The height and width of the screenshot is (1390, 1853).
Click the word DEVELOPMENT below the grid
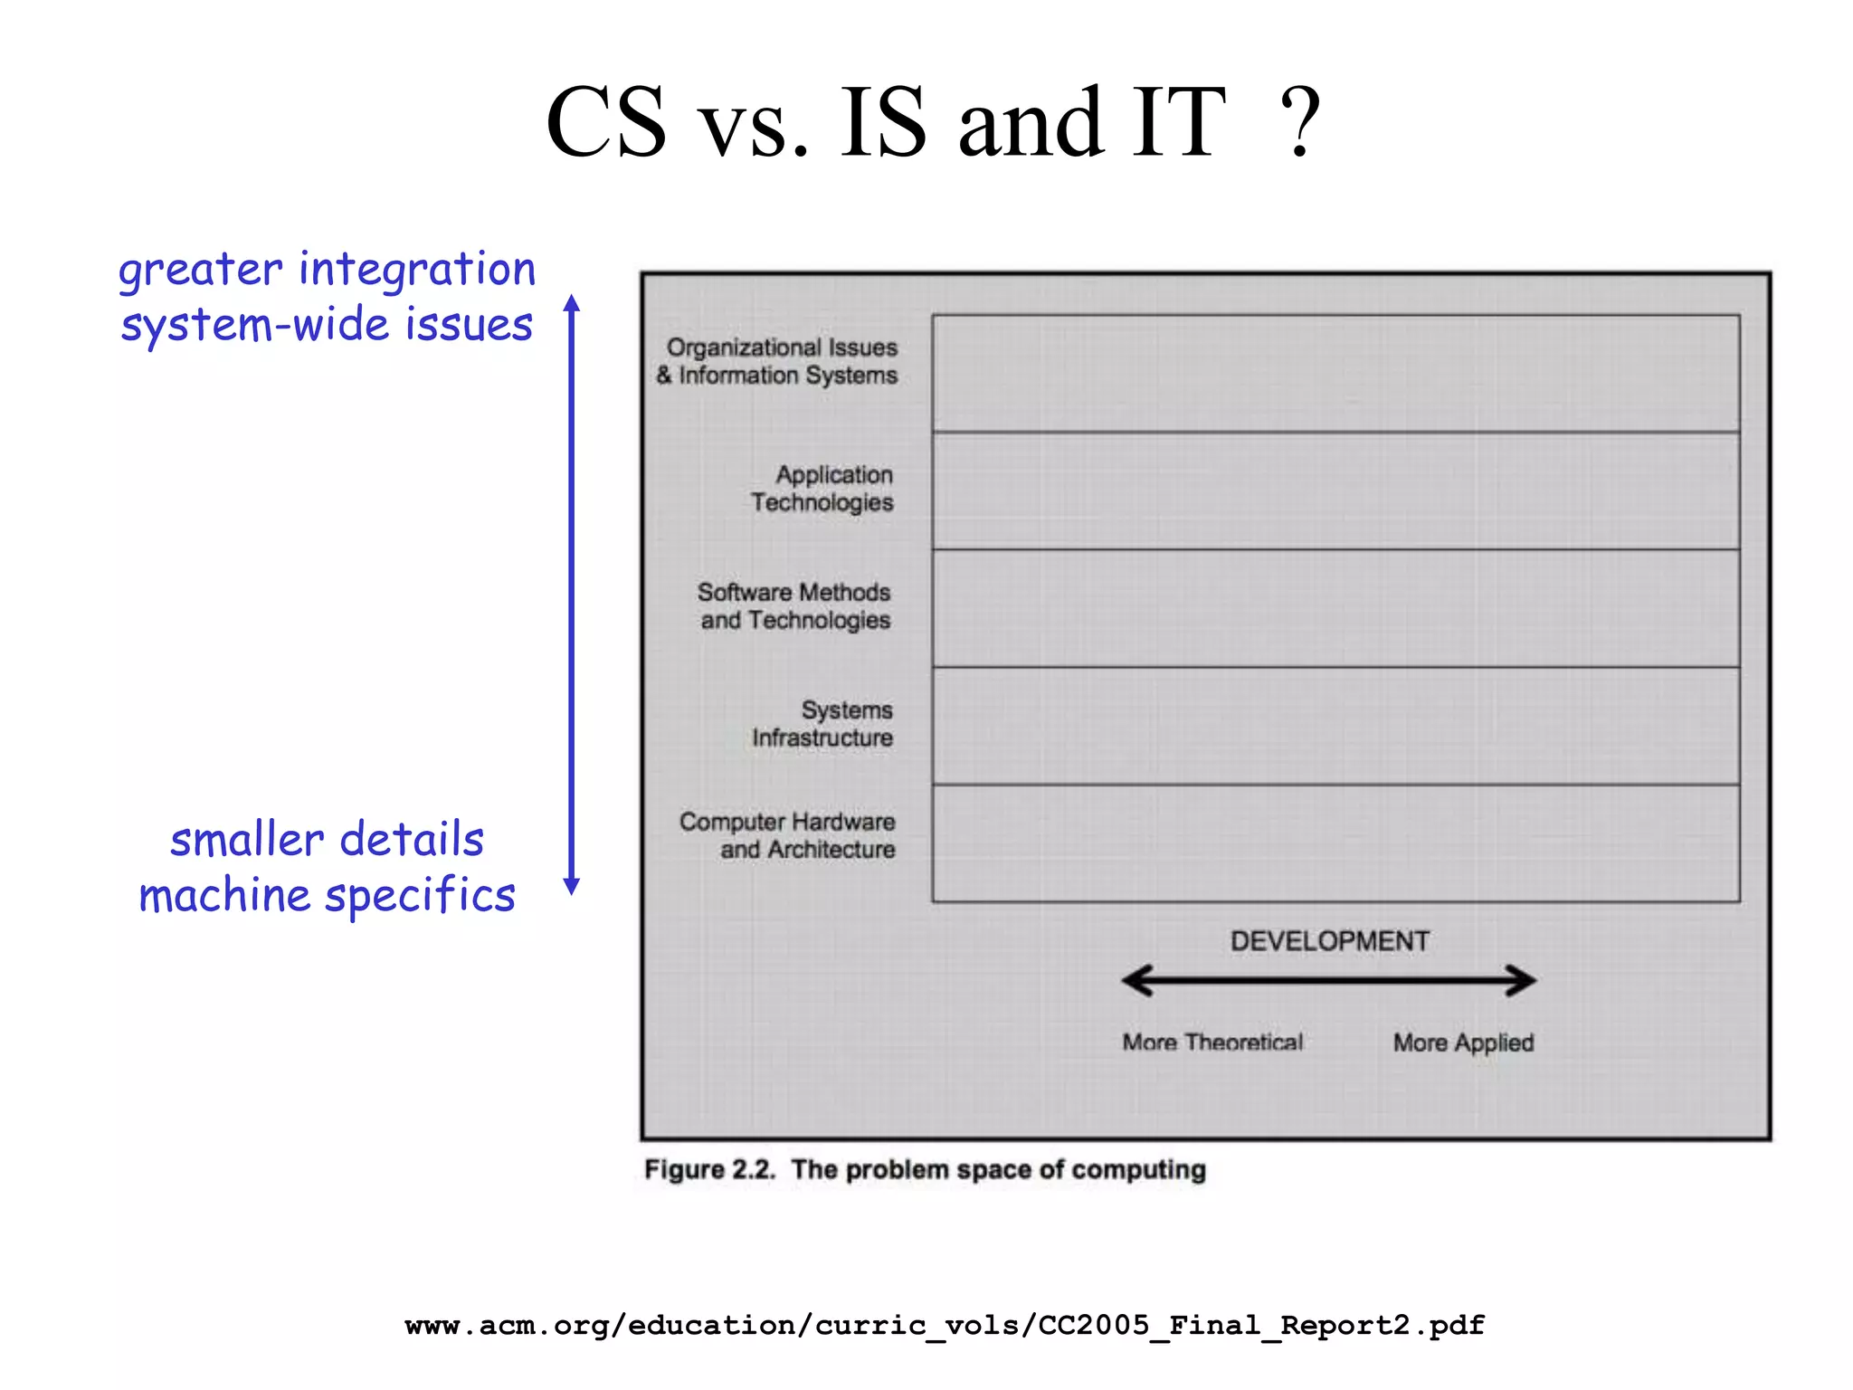1329,941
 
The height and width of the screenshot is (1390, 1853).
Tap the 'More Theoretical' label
1212,1042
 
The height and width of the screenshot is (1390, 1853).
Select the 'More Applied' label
1463,1042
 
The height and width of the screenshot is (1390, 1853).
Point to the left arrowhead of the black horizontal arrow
1136,980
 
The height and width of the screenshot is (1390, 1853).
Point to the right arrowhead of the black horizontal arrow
1522,980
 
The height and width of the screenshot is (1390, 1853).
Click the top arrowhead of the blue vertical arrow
571,304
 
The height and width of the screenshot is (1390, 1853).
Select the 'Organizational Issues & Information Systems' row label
778,361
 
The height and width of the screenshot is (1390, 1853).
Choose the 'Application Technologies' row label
822,489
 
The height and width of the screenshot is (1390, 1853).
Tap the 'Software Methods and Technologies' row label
794,606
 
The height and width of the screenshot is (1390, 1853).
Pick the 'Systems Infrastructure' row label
822,724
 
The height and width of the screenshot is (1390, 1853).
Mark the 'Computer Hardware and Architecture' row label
788,835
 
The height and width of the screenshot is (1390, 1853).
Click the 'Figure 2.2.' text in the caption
709,1169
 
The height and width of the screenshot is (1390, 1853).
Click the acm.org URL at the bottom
945,1326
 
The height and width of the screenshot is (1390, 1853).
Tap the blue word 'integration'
417,270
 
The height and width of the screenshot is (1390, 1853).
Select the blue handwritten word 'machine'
225,897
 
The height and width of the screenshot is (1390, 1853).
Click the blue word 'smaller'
247,840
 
